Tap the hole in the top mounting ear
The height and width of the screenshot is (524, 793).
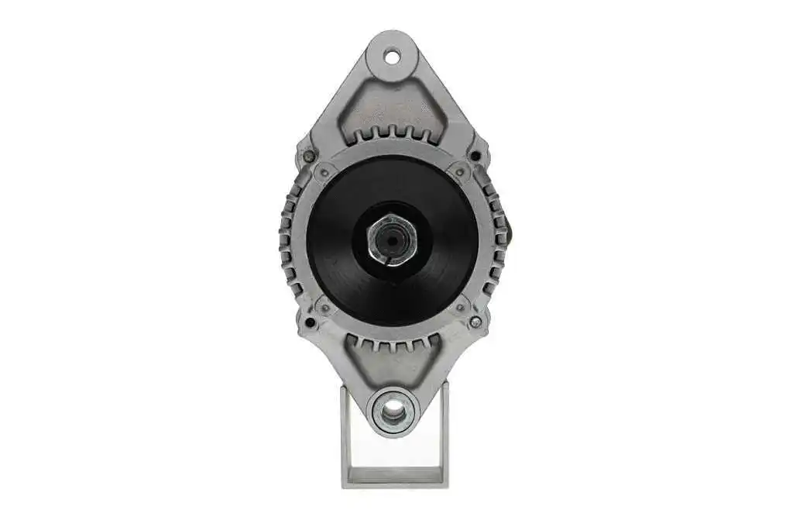tap(391, 57)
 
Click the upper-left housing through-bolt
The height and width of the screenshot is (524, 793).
tap(309, 156)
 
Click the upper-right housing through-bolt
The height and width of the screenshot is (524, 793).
tap(475, 155)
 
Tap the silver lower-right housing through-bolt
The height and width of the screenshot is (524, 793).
tap(475, 321)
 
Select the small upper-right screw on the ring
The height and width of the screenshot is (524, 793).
tap(460, 172)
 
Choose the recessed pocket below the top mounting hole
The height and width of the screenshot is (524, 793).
tap(391, 101)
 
